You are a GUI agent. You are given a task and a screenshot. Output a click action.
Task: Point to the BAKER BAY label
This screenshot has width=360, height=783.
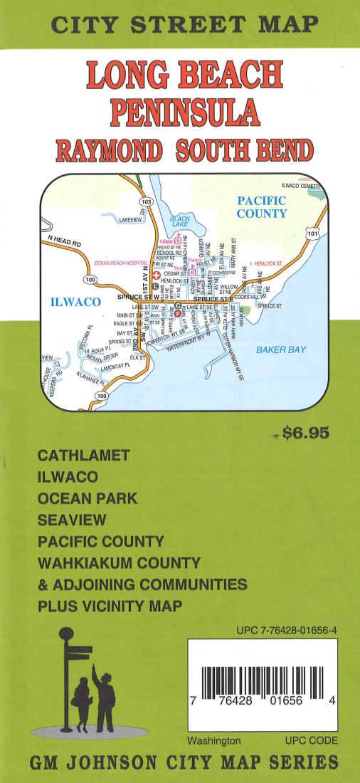pos(281,350)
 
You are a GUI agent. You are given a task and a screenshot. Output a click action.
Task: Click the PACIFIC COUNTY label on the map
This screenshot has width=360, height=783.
pos(261,207)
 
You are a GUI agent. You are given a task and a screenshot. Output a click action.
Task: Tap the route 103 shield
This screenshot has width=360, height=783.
pos(146,202)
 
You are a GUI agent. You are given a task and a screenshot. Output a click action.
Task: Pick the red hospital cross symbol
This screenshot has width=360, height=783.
pos(157,274)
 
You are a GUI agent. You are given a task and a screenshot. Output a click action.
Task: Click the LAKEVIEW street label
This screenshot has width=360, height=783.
pos(133,221)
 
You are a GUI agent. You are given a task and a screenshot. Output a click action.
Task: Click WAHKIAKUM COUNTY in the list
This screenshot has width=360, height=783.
pos(119,562)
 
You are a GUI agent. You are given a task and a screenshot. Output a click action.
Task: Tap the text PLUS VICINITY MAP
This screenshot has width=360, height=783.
pos(110,606)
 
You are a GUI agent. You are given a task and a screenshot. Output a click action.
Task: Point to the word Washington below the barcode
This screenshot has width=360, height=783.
pos(214,740)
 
